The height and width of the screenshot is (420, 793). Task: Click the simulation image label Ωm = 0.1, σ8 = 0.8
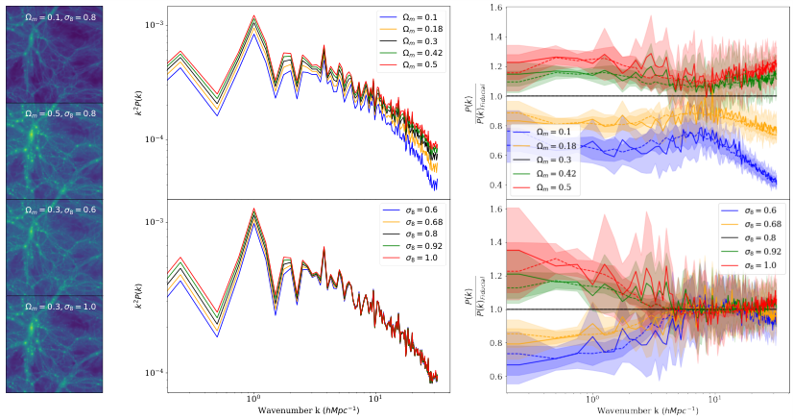(54, 14)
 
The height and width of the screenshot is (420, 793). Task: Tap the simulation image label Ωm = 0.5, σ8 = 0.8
(54, 111)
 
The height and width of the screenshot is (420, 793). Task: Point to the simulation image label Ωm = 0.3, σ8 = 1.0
(54, 307)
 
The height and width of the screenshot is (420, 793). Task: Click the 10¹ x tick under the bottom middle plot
(375, 397)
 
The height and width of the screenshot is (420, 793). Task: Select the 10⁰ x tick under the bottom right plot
(591, 397)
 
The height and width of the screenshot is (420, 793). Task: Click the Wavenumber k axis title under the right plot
(642, 410)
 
